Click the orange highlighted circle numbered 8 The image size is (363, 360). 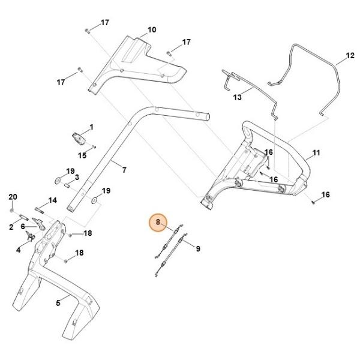[158, 222]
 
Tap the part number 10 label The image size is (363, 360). [152, 30]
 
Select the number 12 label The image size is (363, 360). [350, 56]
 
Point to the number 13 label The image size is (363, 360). [237, 97]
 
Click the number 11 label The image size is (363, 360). [316, 153]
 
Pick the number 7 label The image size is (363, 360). [124, 170]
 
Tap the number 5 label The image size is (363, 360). [58, 303]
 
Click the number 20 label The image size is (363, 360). [13, 197]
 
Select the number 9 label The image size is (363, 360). [198, 249]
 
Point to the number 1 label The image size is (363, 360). [91, 127]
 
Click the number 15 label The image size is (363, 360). [82, 155]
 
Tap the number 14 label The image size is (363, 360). [53, 200]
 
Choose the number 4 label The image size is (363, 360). [18, 250]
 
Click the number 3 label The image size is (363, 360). [77, 178]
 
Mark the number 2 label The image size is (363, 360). [11, 227]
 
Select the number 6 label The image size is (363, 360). [23, 226]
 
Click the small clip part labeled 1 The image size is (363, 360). [79, 139]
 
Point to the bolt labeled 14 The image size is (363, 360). [40, 211]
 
